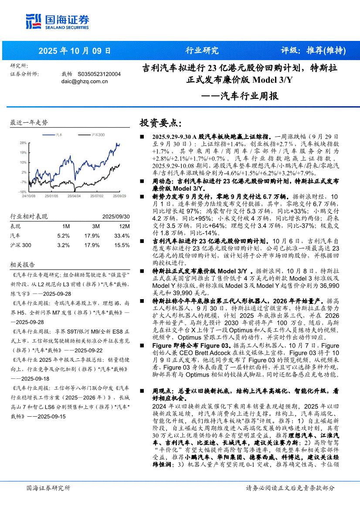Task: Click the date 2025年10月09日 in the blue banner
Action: coord(75,51)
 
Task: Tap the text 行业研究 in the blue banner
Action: coord(202,51)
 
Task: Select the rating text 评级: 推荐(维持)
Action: coord(313,51)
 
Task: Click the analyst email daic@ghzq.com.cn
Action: coord(85,81)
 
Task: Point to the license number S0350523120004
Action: coord(99,74)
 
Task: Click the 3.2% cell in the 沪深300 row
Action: coord(64,245)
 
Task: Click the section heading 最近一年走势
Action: coord(29,123)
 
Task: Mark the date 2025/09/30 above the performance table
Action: coord(116,216)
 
